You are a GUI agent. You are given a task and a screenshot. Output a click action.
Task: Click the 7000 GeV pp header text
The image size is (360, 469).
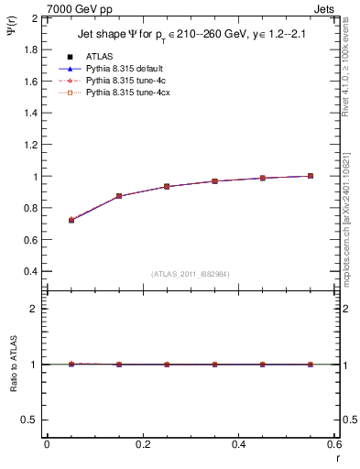[x=80, y=9]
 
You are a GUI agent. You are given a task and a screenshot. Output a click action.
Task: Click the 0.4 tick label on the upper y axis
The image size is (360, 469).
[x=29, y=272]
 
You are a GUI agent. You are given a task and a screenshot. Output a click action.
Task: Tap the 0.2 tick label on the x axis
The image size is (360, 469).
[x=142, y=443]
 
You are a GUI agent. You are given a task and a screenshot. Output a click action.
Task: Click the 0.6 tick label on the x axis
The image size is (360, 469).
[x=334, y=443]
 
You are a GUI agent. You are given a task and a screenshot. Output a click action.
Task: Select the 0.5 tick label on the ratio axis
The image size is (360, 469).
[x=29, y=420]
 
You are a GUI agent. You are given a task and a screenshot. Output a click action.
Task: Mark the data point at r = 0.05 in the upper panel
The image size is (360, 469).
[x=71, y=220]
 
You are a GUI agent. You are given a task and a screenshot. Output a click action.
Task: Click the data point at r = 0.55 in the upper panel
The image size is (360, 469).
[x=311, y=176]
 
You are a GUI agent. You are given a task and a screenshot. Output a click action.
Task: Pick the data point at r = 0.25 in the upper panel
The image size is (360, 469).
[x=167, y=186]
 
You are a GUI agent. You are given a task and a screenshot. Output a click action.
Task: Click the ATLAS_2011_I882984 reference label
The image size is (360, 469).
[x=191, y=274]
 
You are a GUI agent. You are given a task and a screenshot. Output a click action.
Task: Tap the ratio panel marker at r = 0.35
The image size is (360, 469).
[x=214, y=365]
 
